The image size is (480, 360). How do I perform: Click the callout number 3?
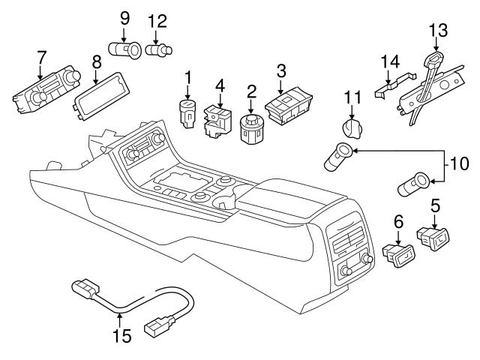coord(281,72)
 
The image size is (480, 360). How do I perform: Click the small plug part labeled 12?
coord(157,51)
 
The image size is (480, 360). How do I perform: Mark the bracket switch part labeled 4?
coord(218,120)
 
